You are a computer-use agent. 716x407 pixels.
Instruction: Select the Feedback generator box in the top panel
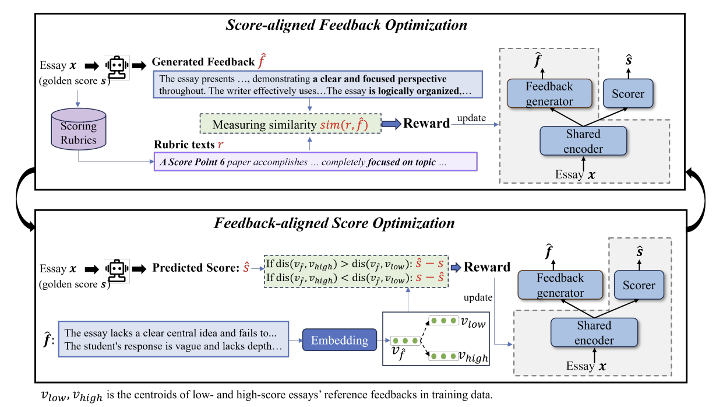pos(548,94)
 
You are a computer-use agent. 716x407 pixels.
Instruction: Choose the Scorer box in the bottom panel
pos(639,285)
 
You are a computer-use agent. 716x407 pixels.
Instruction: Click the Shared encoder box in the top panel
pos(583,141)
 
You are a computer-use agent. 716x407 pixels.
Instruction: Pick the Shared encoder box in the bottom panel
pos(594,332)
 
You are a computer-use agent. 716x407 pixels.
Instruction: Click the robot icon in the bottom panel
pos(117,270)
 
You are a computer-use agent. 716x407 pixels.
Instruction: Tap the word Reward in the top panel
pos(426,123)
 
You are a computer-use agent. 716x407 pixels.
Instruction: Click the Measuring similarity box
pos(290,124)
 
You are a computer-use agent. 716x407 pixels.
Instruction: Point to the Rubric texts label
pos(184,144)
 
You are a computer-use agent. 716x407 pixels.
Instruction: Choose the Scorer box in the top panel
pos(629,93)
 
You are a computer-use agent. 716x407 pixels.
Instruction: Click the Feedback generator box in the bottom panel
pos(559,285)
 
